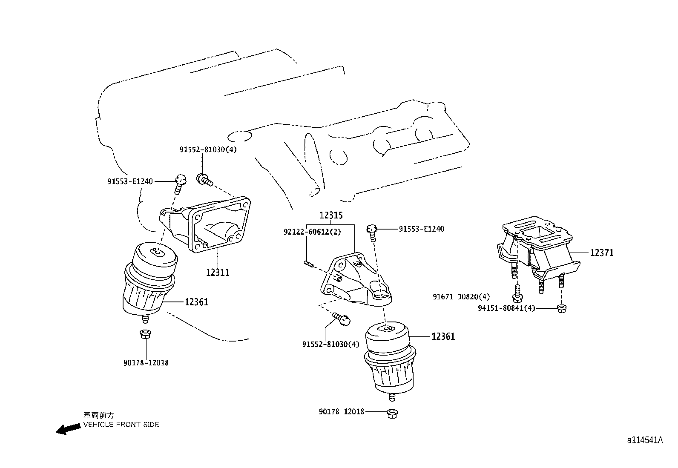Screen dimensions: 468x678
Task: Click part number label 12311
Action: [218, 273]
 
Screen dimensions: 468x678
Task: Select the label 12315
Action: [331, 215]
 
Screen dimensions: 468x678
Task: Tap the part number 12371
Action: [602, 253]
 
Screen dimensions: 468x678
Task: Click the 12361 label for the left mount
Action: [196, 302]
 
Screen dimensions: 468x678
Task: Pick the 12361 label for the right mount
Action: [443, 336]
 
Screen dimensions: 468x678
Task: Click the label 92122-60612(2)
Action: [307, 232]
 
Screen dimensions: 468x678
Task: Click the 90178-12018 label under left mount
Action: [146, 363]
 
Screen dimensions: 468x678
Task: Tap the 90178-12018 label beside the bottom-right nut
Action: [342, 411]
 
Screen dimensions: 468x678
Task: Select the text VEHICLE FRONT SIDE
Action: [121, 425]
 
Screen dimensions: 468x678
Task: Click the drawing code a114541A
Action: [644, 440]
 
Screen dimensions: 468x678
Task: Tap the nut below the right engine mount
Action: [392, 413]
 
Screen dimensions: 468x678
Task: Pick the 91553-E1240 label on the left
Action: [130, 181]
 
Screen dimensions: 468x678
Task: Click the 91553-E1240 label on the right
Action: [421, 229]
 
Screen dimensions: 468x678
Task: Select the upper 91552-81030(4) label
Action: [208, 149]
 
